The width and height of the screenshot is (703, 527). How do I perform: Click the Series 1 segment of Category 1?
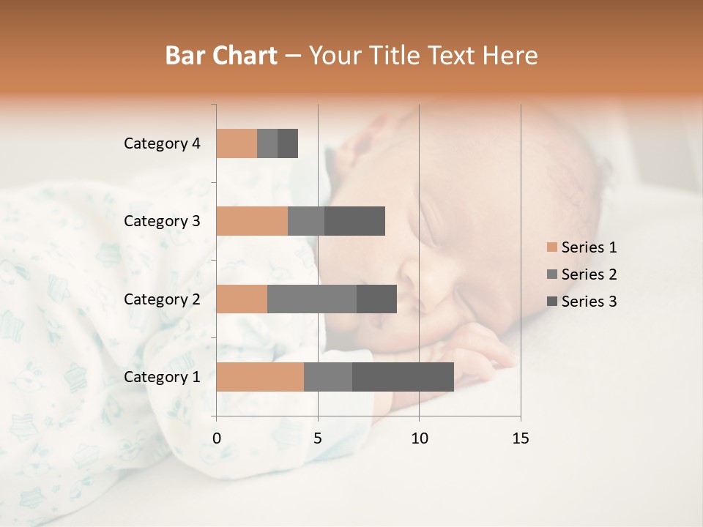pyautogui.click(x=260, y=376)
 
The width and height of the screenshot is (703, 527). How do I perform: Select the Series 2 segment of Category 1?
pyautogui.click(x=328, y=376)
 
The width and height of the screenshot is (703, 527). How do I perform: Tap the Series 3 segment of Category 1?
pyautogui.click(x=403, y=376)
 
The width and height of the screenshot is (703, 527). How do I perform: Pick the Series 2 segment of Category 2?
pyautogui.click(x=312, y=299)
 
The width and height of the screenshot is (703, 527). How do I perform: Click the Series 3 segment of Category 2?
pyautogui.click(x=376, y=299)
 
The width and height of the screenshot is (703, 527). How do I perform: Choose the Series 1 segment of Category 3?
pyautogui.click(x=252, y=221)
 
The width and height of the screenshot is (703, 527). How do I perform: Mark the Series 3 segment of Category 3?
pyautogui.click(x=354, y=221)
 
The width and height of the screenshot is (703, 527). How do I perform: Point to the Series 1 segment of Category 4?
pyautogui.click(x=237, y=143)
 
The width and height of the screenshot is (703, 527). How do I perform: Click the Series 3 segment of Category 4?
pyautogui.click(x=288, y=143)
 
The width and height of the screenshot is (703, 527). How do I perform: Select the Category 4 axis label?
pyautogui.click(x=162, y=143)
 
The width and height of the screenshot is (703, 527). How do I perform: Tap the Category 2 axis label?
pyautogui.click(x=162, y=299)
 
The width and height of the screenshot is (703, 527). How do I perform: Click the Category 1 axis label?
pyautogui.click(x=162, y=377)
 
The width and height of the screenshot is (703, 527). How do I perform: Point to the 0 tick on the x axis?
pyautogui.click(x=217, y=438)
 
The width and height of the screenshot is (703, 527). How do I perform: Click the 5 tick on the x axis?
pyautogui.click(x=318, y=438)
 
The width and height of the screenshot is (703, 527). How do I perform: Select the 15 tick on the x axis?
pyautogui.click(x=520, y=438)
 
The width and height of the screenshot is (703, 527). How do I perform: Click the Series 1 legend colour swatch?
pyautogui.click(x=551, y=247)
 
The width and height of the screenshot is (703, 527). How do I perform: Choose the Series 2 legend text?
pyautogui.click(x=589, y=274)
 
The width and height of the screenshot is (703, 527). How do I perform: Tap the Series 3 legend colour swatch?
pyautogui.click(x=551, y=302)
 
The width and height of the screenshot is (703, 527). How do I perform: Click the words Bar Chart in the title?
pyautogui.click(x=221, y=55)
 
